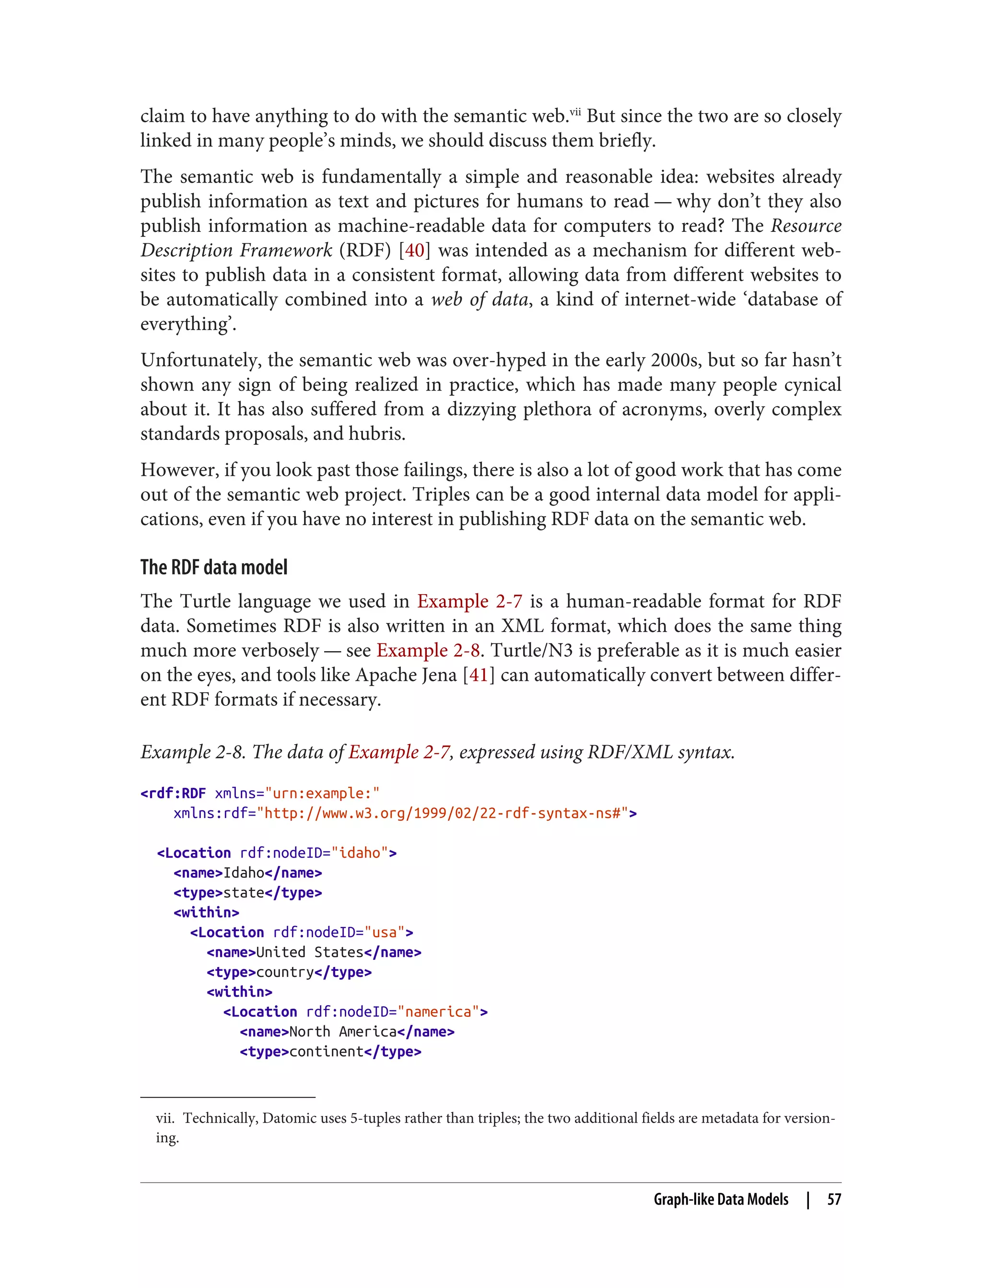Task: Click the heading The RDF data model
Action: click(x=214, y=567)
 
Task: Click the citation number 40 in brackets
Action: click(x=414, y=250)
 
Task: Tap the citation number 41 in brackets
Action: click(x=479, y=675)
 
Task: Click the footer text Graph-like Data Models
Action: click(x=720, y=1199)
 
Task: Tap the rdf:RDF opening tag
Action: click(x=174, y=793)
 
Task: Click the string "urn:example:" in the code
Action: click(x=322, y=793)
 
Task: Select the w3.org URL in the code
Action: click(x=442, y=813)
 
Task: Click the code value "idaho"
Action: click(x=360, y=853)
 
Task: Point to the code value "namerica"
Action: click(x=438, y=1012)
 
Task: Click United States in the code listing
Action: click(x=310, y=952)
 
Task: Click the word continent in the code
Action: click(x=326, y=1051)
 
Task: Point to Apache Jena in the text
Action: click(x=406, y=675)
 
